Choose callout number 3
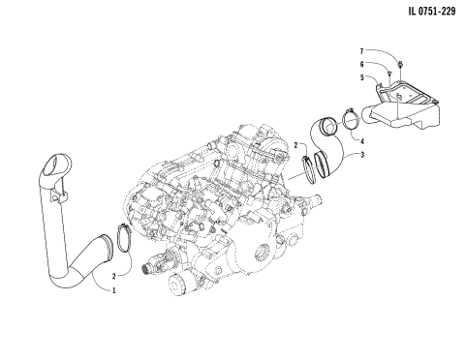[x=362, y=154]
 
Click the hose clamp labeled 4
[x=349, y=119]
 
